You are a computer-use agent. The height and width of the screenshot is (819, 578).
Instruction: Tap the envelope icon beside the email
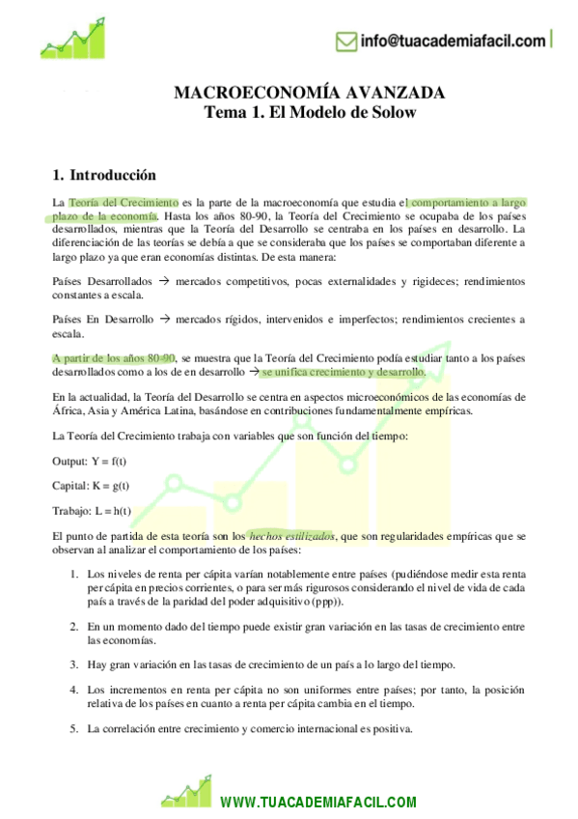345,41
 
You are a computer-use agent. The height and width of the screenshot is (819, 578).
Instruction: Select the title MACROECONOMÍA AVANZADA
309,94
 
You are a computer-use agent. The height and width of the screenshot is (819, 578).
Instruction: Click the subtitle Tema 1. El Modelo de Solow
309,112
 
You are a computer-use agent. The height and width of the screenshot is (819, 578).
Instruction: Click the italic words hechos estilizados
291,534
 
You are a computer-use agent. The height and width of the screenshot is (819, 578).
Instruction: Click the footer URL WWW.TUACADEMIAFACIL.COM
318,802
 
